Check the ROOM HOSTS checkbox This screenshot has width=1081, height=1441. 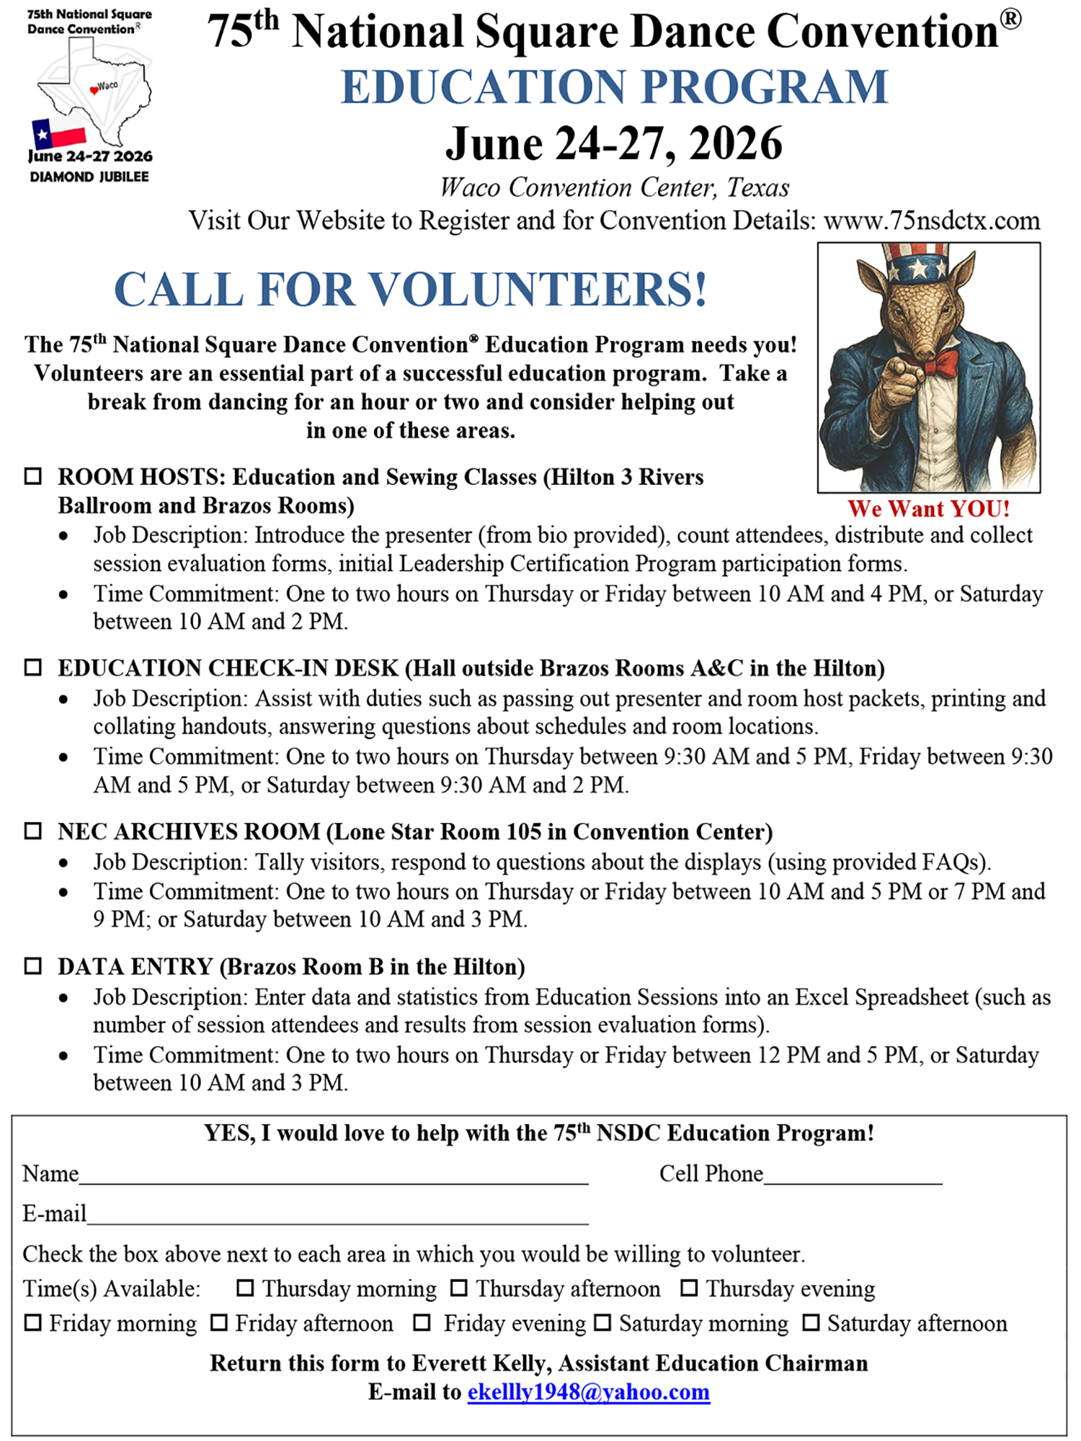coord(33,476)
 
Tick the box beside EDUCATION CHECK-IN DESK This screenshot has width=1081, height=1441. coord(33,667)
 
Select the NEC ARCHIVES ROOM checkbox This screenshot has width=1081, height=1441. coord(33,831)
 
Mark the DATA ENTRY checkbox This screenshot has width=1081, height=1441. coord(33,965)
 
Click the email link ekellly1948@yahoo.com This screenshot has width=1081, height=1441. coord(588,1391)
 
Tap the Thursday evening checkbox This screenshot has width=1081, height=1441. coord(689,1288)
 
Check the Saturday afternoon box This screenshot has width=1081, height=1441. coord(811,1323)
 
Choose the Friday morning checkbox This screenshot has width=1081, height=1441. coord(33,1323)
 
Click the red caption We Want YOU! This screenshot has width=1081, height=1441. coord(928,509)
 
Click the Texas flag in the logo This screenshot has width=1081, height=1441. coord(58,134)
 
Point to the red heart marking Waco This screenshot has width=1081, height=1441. coord(94,90)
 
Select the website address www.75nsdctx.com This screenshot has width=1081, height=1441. coord(931,220)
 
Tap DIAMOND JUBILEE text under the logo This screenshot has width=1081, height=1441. coord(89,177)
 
